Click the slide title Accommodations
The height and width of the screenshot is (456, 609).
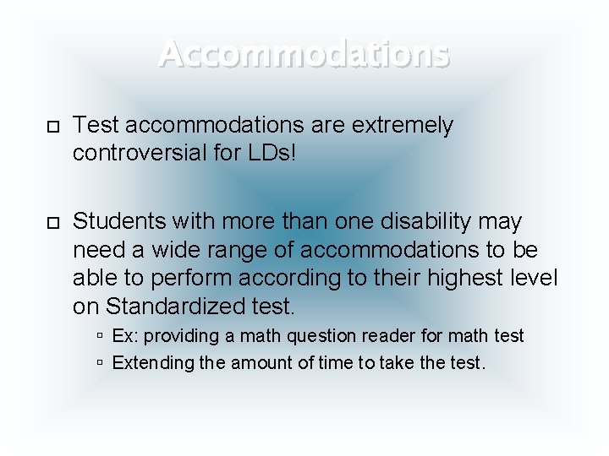[x=304, y=53]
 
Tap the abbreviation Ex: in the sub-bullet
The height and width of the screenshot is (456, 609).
[x=124, y=336]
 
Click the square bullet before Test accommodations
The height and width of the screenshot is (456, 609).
[x=52, y=127]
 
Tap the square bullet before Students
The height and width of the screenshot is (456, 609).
[x=52, y=222]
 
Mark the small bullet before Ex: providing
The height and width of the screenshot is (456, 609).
[x=100, y=336]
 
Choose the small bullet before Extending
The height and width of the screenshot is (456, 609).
[x=100, y=363]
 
